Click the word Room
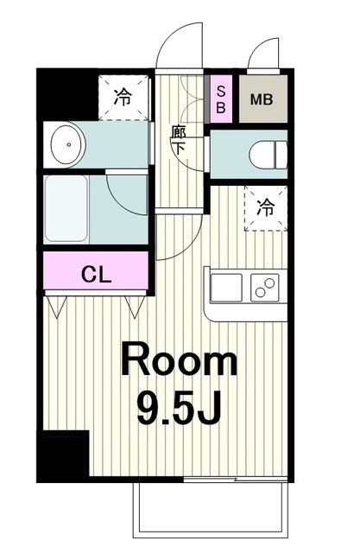click(179, 361)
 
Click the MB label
click(262, 99)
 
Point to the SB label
click(221, 99)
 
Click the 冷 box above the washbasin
click(123, 97)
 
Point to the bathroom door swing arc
click(129, 194)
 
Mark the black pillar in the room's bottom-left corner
click(63, 456)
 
